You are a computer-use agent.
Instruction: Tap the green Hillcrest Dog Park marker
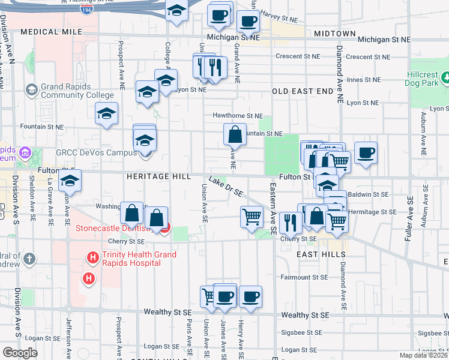pos(446,77)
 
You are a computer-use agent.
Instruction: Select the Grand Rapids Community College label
pos(77,91)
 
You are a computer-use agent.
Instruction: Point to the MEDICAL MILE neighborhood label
pos(50,31)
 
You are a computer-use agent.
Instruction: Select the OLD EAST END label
pos(302,91)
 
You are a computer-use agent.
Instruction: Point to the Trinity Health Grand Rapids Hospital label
pos(139,259)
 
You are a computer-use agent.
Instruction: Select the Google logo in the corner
pos(20,353)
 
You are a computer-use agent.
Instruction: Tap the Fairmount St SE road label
pos(304,277)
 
